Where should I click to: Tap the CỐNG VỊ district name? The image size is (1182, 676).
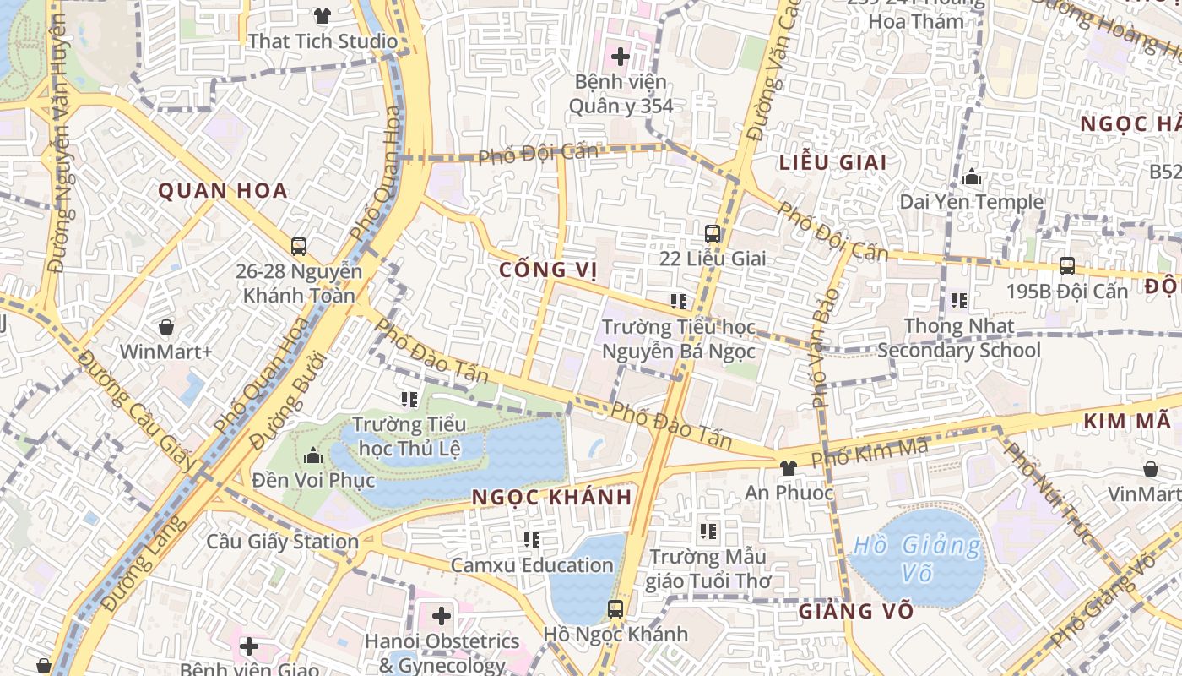tap(548, 270)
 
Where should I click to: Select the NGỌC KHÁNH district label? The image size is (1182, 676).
tap(551, 497)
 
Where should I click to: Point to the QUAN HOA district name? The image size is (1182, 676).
tap(223, 191)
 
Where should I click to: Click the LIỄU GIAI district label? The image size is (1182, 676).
tap(832, 162)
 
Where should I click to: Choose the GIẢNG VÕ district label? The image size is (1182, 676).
tap(855, 610)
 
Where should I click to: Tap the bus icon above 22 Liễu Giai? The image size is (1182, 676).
tap(713, 234)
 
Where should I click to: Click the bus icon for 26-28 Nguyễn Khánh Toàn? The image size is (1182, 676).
tap(299, 247)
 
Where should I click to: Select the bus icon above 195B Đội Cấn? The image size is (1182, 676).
tap(1067, 266)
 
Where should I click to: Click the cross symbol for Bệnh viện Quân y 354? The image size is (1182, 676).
tap(621, 57)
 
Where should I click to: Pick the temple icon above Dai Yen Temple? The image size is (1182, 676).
tap(972, 177)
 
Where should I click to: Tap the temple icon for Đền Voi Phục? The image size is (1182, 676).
tap(313, 456)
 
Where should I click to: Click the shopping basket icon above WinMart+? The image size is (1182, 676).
tap(166, 327)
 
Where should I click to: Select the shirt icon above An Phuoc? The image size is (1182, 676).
tap(789, 467)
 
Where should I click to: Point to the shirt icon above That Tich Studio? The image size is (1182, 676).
tap(323, 15)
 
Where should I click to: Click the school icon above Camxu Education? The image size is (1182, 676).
tap(532, 539)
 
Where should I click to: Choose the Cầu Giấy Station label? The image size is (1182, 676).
tap(283, 542)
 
